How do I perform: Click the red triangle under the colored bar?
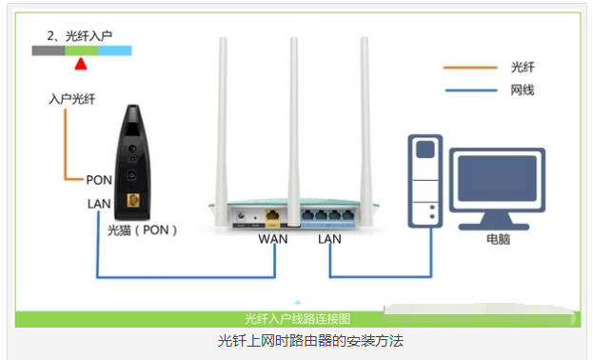pyautogui.click(x=81, y=64)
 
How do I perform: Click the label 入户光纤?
pyautogui.click(x=72, y=99)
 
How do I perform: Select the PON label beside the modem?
pyautogui.click(x=99, y=179)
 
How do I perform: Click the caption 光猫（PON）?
pyautogui.click(x=143, y=230)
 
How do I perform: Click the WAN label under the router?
pyautogui.click(x=273, y=238)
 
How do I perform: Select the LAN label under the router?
pyautogui.click(x=329, y=238)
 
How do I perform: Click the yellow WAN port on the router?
pyautogui.click(x=273, y=216)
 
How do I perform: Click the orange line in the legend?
pyautogui.click(x=470, y=68)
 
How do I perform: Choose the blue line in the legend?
pyautogui.click(x=470, y=90)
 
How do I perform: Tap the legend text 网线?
pyautogui.click(x=523, y=90)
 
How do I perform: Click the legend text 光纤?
pyautogui.click(x=523, y=68)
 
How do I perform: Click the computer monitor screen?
pyautogui.click(x=497, y=183)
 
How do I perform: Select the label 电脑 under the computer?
pyautogui.click(x=497, y=240)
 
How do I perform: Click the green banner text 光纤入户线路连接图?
pyautogui.click(x=298, y=318)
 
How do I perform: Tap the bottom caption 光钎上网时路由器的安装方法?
pyautogui.click(x=297, y=340)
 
